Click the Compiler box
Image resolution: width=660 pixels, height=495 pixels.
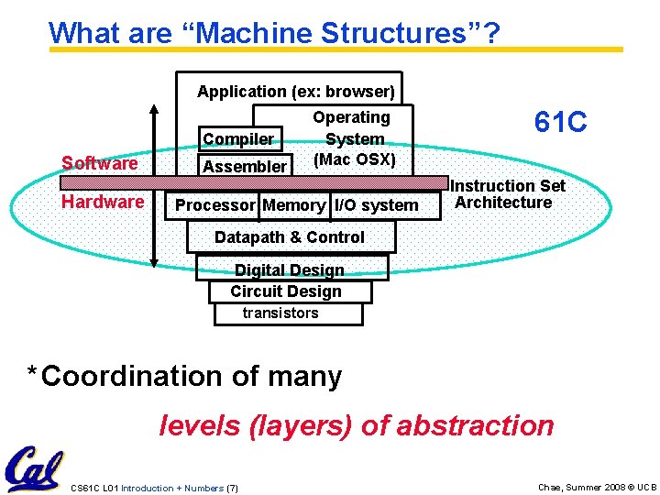(x=238, y=139)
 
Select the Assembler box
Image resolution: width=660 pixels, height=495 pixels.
(x=244, y=166)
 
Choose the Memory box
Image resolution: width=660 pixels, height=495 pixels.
(x=293, y=205)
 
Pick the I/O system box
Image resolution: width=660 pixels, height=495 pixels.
(x=376, y=205)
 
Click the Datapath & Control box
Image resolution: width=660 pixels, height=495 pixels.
(x=290, y=237)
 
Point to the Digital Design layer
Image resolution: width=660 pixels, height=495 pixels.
(x=291, y=269)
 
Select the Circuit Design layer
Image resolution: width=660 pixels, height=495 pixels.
(x=286, y=291)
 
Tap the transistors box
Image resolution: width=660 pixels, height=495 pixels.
(x=281, y=313)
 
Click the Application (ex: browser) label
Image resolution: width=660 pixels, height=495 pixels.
(x=296, y=92)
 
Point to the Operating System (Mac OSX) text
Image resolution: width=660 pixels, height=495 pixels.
(x=353, y=138)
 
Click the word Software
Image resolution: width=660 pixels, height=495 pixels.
(x=99, y=163)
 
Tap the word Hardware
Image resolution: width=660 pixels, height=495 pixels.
(x=102, y=202)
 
